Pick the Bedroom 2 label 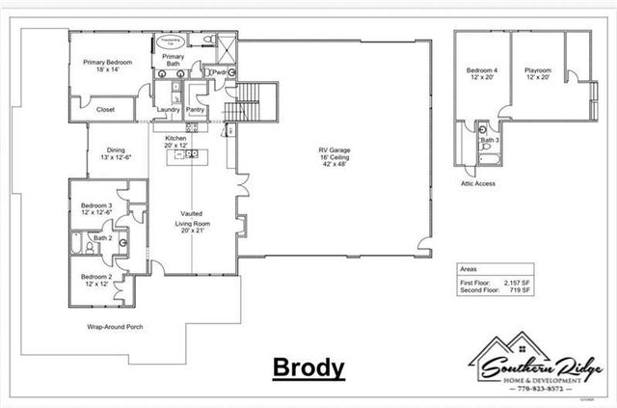pyautogui.click(x=96, y=280)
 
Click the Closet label pyautogui.click(x=106, y=110)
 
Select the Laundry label pyautogui.click(x=168, y=110)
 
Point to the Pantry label pyautogui.click(x=196, y=110)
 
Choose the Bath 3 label pyautogui.click(x=490, y=141)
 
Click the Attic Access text pyautogui.click(x=478, y=183)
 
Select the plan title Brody pyautogui.click(x=308, y=367)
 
